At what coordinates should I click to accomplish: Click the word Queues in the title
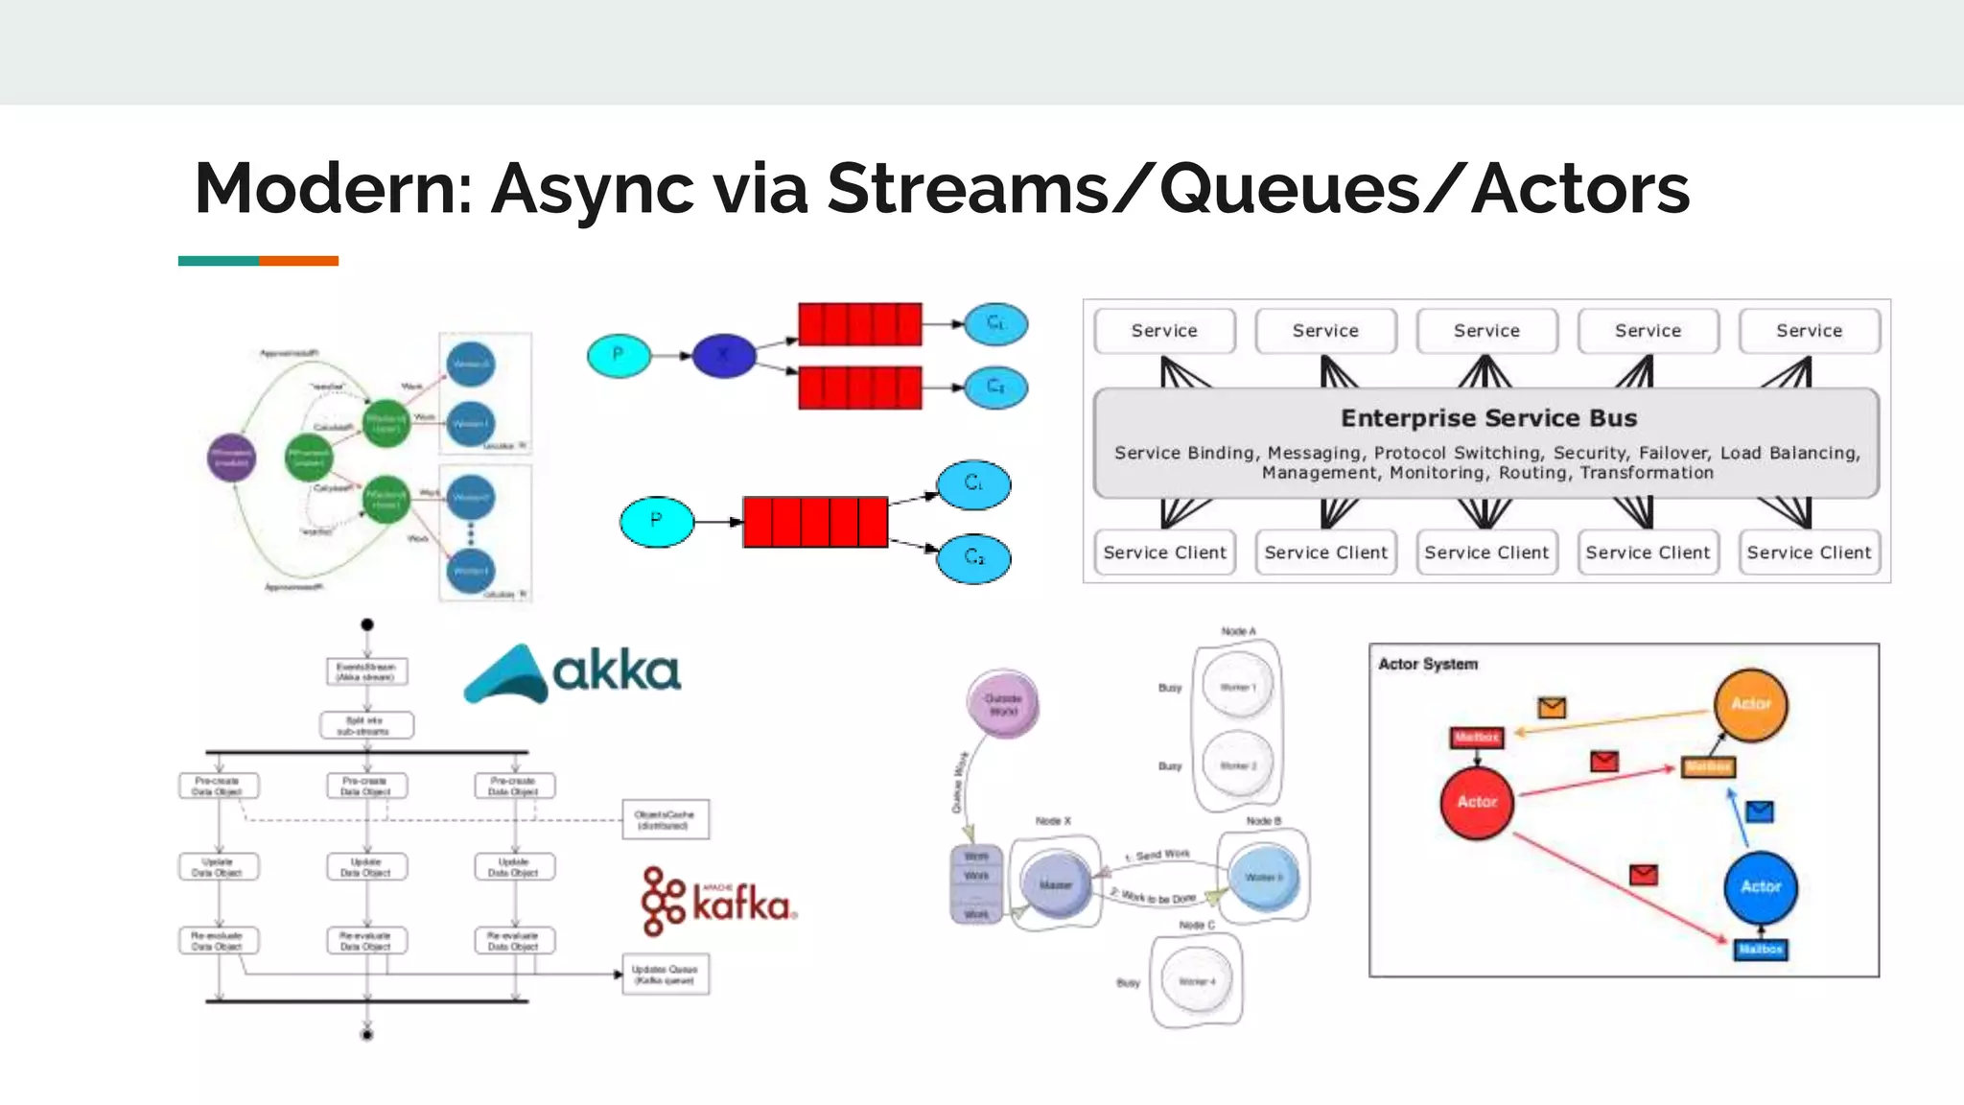[1289, 189]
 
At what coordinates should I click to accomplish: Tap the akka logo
[573, 673]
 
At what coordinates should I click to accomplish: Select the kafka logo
[719, 902]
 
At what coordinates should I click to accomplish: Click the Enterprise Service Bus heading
[1487, 418]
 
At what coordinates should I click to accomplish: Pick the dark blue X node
[724, 356]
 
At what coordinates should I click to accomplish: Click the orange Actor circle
[1750, 705]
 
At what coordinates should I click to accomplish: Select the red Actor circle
[1477, 803]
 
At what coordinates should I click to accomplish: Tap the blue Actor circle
[1761, 887]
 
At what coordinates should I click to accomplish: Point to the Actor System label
[1427, 664]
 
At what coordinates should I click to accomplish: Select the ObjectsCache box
[665, 819]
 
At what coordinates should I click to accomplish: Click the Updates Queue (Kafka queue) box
[665, 975]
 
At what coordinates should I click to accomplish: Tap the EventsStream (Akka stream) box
[366, 671]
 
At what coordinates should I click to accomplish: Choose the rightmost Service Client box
[1809, 552]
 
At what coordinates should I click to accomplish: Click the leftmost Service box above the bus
[1164, 331]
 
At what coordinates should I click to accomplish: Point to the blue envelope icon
[1759, 812]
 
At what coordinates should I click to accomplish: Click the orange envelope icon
[1552, 708]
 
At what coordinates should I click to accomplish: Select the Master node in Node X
[1055, 884]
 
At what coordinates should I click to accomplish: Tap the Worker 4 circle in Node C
[1196, 981]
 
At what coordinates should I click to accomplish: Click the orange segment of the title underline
[298, 261]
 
